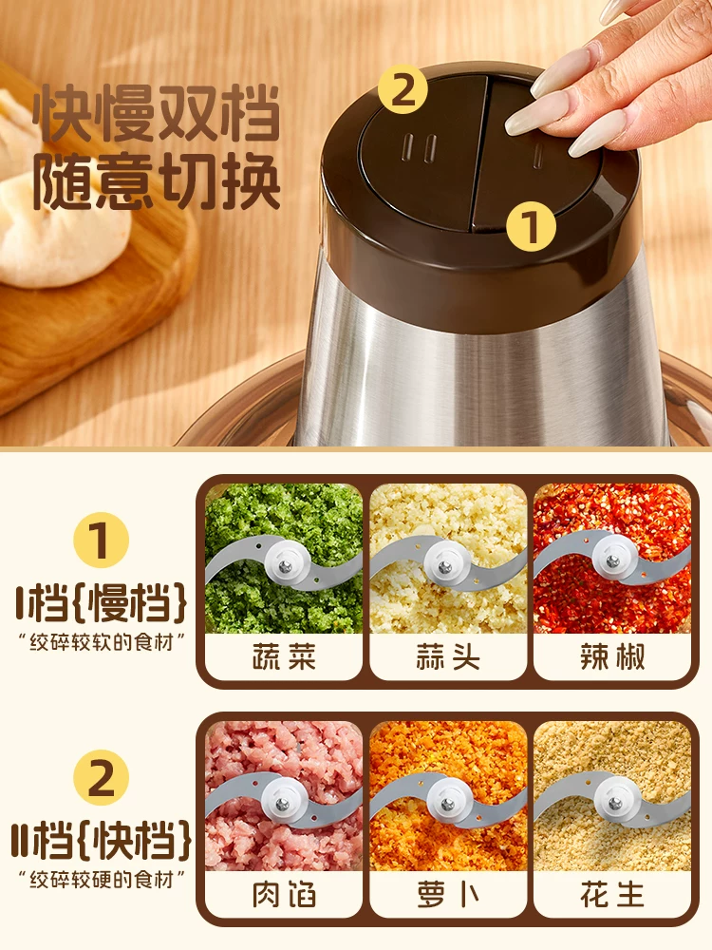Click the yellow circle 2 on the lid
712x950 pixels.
403,90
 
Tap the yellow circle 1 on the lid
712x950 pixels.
531,227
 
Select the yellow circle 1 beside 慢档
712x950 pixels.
102,541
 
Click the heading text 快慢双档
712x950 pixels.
156,114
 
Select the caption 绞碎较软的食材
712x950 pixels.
102,642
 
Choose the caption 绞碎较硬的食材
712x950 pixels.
102,880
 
